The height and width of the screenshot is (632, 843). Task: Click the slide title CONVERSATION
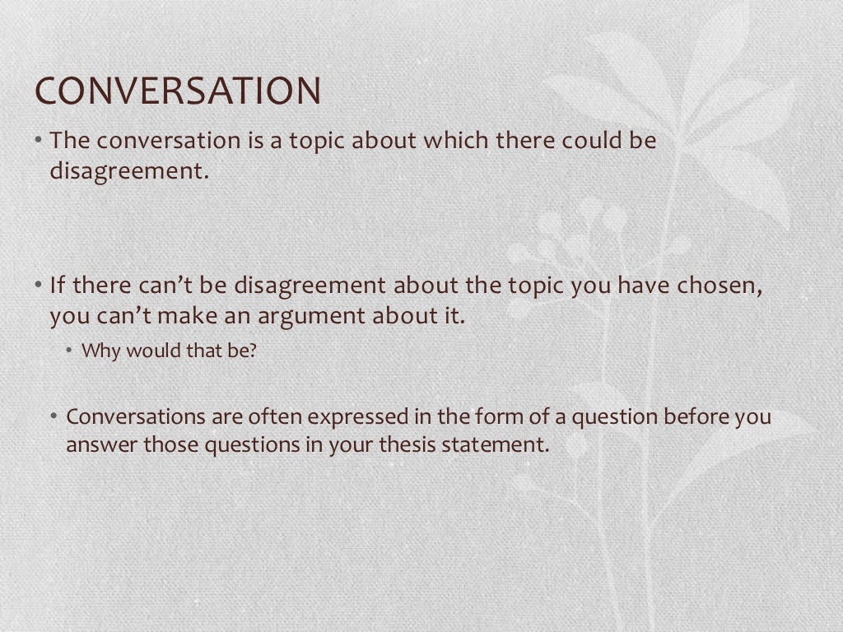[x=177, y=91]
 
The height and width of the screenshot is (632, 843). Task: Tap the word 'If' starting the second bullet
[x=57, y=286]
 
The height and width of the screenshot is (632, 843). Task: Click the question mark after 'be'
[x=254, y=351]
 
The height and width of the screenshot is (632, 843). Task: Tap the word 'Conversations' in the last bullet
[x=137, y=416]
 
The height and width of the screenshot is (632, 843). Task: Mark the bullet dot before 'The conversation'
[x=39, y=141]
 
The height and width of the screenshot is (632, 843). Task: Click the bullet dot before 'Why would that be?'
[x=71, y=351]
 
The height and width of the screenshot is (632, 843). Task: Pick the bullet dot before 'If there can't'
[x=39, y=286]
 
